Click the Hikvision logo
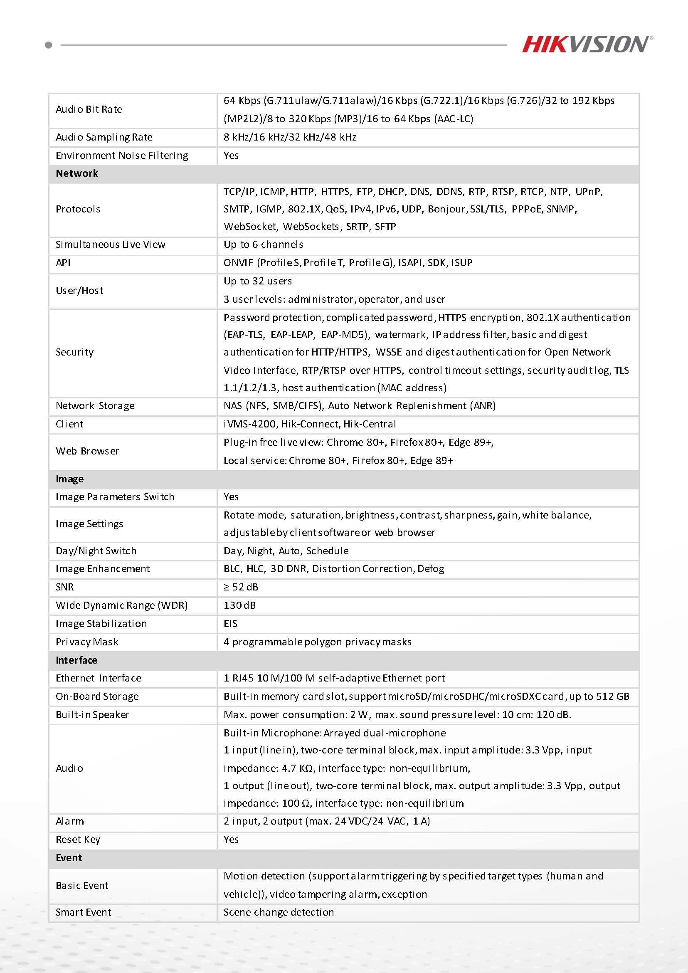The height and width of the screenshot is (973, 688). point(587,44)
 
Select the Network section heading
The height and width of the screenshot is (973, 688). point(76,173)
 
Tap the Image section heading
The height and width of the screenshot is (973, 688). point(69,479)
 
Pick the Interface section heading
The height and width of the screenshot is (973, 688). point(76,660)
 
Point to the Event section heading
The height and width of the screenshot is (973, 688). point(69,858)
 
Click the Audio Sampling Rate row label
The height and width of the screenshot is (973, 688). point(104,137)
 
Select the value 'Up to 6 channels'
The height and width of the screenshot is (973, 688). point(263,244)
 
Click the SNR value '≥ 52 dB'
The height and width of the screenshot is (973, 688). point(241,587)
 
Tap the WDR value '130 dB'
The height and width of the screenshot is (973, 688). point(239,605)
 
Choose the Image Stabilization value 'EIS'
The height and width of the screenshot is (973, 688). point(230,624)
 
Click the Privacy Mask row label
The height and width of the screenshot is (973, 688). point(87,642)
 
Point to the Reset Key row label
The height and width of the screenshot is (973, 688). point(78,840)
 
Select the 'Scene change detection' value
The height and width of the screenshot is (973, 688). point(279,912)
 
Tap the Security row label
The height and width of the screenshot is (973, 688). point(74,352)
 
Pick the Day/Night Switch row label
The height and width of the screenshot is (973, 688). point(96,551)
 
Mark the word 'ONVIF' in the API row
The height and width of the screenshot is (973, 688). point(239,263)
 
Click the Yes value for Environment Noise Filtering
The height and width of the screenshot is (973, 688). point(231,156)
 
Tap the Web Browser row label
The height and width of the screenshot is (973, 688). point(87,451)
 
